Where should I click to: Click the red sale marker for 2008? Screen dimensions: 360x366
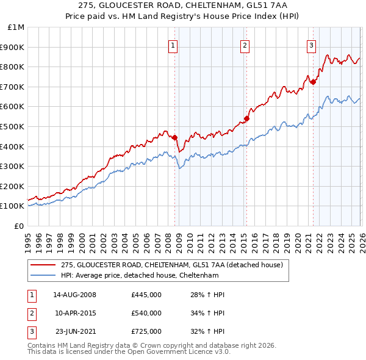(x=174, y=137)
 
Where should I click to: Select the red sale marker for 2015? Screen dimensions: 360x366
(x=247, y=118)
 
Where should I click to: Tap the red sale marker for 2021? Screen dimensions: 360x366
(x=313, y=82)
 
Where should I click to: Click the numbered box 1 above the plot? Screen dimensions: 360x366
(x=173, y=45)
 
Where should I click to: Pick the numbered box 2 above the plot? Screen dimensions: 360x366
(x=245, y=45)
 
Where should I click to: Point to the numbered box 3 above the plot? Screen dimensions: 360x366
(x=311, y=45)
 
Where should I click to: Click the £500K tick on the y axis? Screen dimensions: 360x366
(x=14, y=126)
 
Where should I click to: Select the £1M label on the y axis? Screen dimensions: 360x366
(x=16, y=27)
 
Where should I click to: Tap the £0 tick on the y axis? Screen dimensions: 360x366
(x=19, y=226)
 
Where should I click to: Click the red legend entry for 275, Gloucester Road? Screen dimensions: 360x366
(x=171, y=265)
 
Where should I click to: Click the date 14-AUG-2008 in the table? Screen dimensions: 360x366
(x=75, y=295)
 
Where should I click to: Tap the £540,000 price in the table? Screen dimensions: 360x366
(x=146, y=313)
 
